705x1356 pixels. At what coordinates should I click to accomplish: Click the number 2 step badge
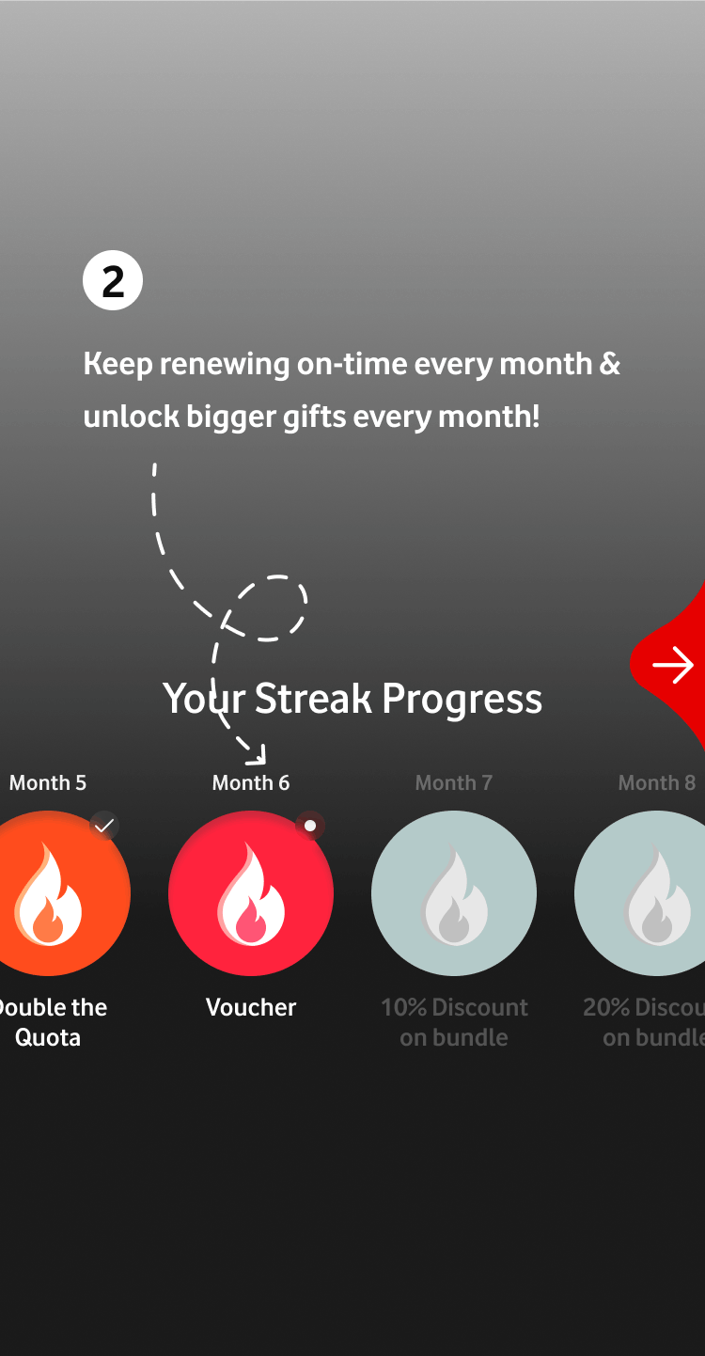pyautogui.click(x=113, y=280)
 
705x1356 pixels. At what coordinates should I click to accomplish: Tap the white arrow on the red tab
pyautogui.click(x=673, y=665)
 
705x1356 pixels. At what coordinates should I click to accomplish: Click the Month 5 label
pyautogui.click(x=48, y=782)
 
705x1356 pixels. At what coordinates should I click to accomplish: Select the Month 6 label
pyautogui.click(x=251, y=782)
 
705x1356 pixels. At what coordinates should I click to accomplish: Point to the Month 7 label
pyautogui.click(x=454, y=782)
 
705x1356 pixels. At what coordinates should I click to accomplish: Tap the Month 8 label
pyautogui.click(x=656, y=782)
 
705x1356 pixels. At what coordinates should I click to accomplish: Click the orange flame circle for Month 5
pyautogui.click(x=48, y=893)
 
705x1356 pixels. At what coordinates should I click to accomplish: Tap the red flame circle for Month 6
pyautogui.click(x=251, y=893)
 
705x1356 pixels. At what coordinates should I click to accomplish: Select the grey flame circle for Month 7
pyautogui.click(x=454, y=893)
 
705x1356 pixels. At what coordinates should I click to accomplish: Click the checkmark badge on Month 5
pyautogui.click(x=104, y=826)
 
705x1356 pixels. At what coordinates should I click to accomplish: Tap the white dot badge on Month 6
pyautogui.click(x=310, y=826)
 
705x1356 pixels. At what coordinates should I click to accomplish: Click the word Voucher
pyautogui.click(x=251, y=1007)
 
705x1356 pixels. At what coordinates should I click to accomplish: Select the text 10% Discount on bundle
pyautogui.click(x=454, y=1022)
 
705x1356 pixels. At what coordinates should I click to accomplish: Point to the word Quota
pyautogui.click(x=48, y=1037)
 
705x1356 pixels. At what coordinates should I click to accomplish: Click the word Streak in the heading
pyautogui.click(x=313, y=698)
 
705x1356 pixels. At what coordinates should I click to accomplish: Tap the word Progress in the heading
pyautogui.click(x=462, y=700)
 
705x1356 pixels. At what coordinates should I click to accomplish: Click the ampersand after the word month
pyautogui.click(x=610, y=364)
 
